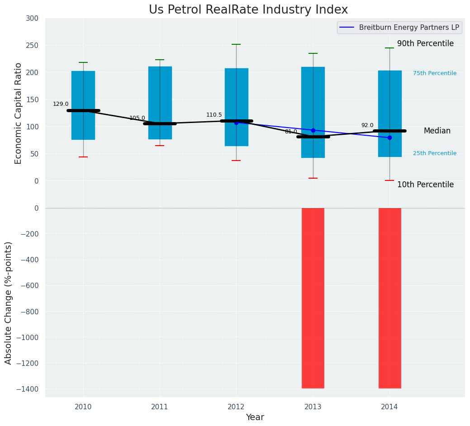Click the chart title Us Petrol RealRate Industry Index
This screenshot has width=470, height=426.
click(x=248, y=10)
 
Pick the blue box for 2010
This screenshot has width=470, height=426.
click(x=83, y=86)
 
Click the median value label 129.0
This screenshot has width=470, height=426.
click(x=61, y=104)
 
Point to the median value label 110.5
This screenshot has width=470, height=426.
click(x=214, y=115)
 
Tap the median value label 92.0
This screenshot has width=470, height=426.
click(x=367, y=125)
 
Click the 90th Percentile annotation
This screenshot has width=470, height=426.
click(x=425, y=43)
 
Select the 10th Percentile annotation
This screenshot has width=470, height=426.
click(x=425, y=185)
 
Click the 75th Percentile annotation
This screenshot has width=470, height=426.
click(x=435, y=73)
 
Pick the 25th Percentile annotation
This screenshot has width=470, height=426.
click(x=435, y=153)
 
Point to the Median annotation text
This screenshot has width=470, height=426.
click(x=437, y=131)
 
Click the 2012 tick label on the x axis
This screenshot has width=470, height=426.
click(x=236, y=407)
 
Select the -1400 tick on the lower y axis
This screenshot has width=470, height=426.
click(x=28, y=389)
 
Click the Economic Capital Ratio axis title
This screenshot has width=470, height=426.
click(x=19, y=113)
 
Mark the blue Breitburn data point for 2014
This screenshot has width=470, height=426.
click(x=389, y=137)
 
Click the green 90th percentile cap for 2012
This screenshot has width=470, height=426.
click(x=236, y=44)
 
